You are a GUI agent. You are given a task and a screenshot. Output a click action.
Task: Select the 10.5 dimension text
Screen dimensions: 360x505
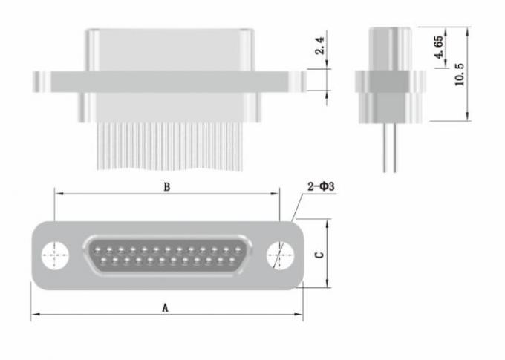(460, 74)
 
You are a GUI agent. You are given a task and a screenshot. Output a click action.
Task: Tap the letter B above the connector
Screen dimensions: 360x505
(166, 187)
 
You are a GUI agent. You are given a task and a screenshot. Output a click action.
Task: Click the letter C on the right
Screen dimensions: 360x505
(319, 255)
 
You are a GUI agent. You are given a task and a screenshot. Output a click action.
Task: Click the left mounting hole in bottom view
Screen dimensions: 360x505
(54, 255)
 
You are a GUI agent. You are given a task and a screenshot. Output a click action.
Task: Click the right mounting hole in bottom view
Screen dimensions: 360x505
(278, 255)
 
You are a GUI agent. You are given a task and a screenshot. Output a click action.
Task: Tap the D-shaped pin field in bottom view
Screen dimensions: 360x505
(166, 255)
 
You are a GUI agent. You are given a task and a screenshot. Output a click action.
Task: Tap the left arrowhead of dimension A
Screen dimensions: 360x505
(34, 315)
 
